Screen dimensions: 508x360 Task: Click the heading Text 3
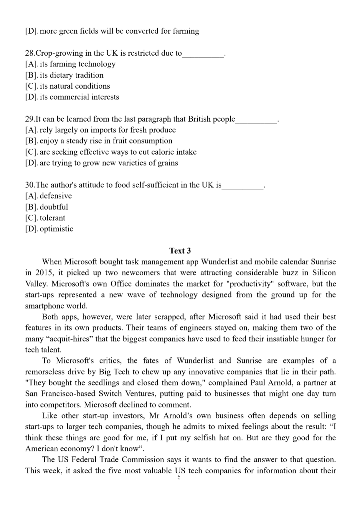coord(180,251)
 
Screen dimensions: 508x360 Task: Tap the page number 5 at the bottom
coord(179,477)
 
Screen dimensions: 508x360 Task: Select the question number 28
coord(30,53)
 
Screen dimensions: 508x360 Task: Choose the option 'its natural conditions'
coord(75,86)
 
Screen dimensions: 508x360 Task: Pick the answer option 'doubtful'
coord(54,207)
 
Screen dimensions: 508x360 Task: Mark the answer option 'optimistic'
coord(56,229)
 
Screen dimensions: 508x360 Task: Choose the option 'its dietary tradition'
coord(71,75)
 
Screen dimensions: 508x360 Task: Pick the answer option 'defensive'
coord(56,196)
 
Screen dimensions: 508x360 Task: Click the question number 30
coord(30,185)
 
